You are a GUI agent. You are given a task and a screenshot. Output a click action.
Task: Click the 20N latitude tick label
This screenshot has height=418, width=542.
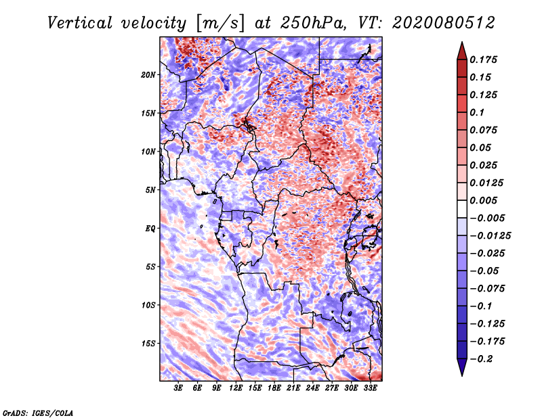click(148, 75)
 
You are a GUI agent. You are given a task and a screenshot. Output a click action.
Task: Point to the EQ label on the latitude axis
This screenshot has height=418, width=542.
click(150, 229)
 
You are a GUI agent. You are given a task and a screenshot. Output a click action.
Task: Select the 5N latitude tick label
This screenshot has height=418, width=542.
click(150, 190)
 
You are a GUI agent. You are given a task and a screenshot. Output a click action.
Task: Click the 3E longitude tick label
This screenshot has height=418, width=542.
click(178, 388)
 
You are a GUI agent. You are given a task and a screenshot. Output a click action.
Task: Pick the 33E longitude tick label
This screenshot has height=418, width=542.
click(370, 388)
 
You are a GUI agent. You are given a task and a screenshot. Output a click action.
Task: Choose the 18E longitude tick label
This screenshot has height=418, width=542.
click(274, 388)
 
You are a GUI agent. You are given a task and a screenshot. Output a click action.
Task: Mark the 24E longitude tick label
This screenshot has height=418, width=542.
click(312, 388)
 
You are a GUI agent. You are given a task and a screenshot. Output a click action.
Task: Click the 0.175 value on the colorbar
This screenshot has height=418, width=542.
click(483, 60)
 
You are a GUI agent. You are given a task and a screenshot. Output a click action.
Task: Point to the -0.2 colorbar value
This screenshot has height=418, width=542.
click(481, 359)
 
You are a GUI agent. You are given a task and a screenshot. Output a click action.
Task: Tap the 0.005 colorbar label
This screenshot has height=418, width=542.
click(483, 200)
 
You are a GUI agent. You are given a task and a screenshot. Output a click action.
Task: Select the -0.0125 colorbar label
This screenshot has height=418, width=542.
click(490, 236)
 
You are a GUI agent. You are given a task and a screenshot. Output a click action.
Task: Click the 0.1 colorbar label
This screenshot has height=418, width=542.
click(477, 112)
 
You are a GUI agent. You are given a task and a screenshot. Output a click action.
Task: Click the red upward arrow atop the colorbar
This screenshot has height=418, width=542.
click(462, 51)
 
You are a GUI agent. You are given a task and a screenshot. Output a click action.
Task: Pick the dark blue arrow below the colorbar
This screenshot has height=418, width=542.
click(462, 367)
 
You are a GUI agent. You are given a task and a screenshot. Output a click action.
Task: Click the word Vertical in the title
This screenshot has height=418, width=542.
click(80, 23)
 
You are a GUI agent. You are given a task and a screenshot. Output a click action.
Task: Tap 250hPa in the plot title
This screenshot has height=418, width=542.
click(313, 23)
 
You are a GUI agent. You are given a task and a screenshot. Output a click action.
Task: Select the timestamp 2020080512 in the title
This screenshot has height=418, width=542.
click(444, 23)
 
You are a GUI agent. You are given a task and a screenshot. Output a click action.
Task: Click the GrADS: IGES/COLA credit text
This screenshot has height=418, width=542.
click(38, 413)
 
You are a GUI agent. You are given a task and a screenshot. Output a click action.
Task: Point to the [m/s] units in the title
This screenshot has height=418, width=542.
click(220, 23)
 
